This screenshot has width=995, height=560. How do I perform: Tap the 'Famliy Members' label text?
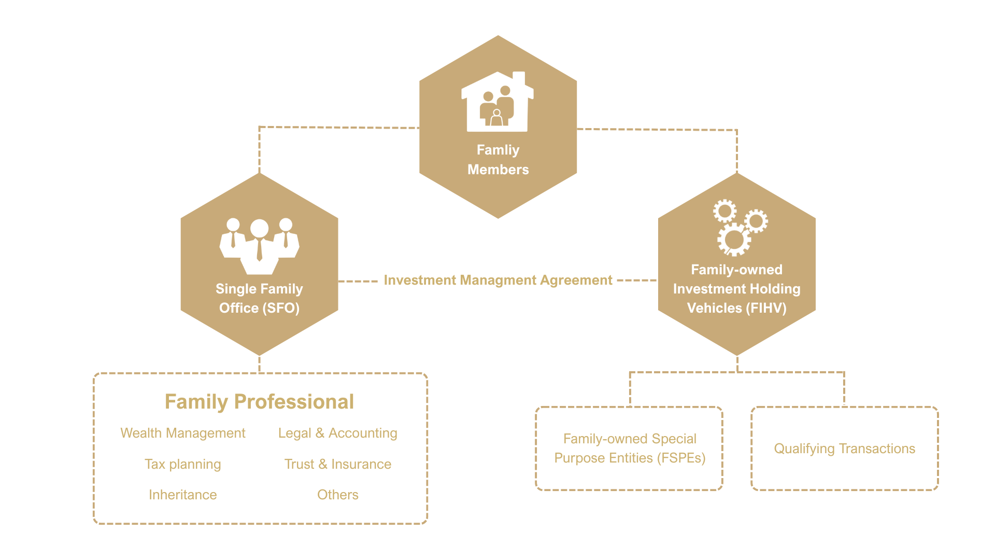[498, 160]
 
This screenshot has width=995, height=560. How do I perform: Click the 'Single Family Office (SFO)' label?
[259, 298]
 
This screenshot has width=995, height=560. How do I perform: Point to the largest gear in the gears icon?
[733, 239]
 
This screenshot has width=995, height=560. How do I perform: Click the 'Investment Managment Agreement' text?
[498, 280]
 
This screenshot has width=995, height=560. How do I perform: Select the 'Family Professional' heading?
[259, 402]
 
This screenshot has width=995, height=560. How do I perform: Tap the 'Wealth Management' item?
[182, 433]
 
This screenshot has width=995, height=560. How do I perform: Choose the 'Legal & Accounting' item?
[337, 433]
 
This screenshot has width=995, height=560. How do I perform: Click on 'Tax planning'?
[182, 464]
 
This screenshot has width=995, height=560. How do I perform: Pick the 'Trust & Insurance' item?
[337, 464]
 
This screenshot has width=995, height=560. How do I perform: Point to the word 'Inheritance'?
[182, 495]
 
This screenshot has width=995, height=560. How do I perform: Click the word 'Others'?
[337, 495]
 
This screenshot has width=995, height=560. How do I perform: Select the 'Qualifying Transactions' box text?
[844, 449]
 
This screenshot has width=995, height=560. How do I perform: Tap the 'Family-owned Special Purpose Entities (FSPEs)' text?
[630, 449]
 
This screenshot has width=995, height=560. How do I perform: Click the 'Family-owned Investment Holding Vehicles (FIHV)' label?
[736, 289]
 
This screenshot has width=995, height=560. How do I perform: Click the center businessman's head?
[259, 228]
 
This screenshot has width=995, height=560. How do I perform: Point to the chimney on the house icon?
[519, 78]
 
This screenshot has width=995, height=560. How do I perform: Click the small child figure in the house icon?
[496, 118]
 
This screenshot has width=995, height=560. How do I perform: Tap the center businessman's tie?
[259, 250]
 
